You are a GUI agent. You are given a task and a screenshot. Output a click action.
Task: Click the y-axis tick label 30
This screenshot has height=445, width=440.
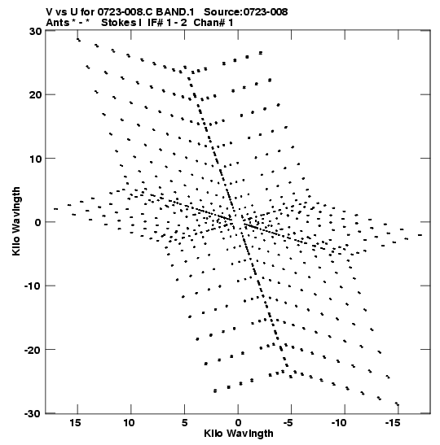[36, 31]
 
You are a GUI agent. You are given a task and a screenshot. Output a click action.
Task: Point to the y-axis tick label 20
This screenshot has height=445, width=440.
[36, 94]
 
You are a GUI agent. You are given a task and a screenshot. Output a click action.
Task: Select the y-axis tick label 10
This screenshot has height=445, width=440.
[36, 159]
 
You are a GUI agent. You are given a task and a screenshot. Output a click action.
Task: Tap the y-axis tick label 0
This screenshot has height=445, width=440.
[38, 222]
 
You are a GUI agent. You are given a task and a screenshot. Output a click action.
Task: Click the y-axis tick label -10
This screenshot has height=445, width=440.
[33, 286]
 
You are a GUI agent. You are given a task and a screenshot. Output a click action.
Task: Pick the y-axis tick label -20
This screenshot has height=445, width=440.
[33, 350]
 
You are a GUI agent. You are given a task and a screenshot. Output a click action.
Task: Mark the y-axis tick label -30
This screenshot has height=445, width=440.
[33, 413]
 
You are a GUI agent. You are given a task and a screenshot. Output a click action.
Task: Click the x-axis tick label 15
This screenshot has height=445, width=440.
[75, 423]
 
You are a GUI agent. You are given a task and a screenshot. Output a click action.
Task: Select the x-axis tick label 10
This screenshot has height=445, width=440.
[129, 423]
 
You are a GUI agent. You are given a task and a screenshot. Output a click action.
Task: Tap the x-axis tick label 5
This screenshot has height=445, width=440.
[184, 423]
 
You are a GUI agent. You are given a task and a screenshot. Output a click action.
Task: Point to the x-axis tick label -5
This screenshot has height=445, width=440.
[288, 423]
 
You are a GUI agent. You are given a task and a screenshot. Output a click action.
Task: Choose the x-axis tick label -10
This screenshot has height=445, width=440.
[339, 423]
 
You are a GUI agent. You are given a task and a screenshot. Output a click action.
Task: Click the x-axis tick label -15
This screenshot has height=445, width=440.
[393, 423]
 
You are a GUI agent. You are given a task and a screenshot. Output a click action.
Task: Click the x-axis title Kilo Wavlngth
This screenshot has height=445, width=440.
[239, 434]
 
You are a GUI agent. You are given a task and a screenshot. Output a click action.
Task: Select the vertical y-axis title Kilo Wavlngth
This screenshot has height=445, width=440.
[16, 221]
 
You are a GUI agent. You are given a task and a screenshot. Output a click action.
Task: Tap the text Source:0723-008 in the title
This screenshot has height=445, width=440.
[246, 12]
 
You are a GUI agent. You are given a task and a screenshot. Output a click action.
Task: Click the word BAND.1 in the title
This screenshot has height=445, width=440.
[175, 12]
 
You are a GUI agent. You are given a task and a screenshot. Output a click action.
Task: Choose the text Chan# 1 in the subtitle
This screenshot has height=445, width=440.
[213, 23]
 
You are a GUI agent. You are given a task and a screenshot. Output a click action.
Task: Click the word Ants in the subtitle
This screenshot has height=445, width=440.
[58, 23]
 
